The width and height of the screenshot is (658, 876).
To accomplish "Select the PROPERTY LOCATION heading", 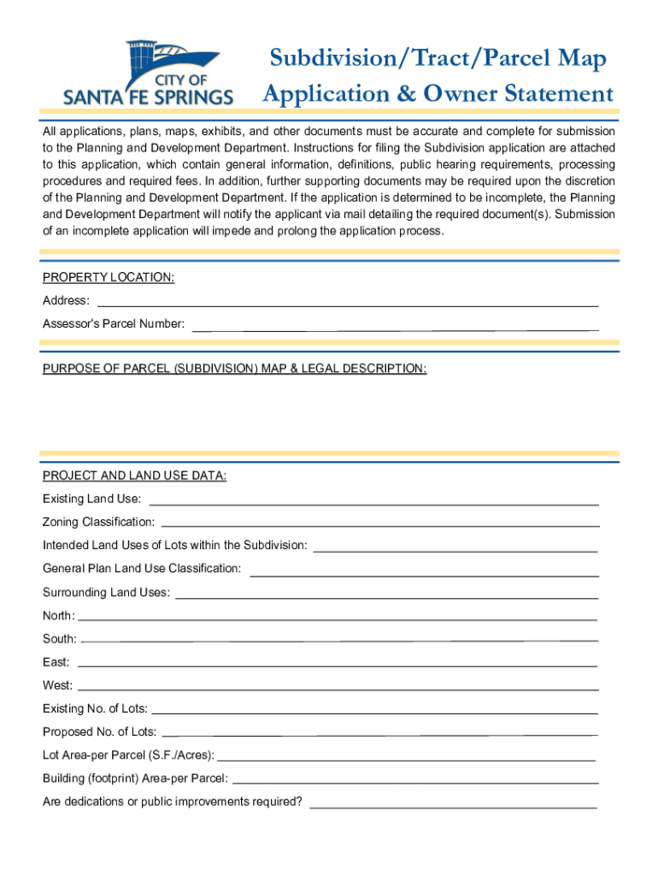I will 109,277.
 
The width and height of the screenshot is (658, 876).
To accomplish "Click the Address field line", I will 349,305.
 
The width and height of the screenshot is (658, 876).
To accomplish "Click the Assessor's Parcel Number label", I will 114,324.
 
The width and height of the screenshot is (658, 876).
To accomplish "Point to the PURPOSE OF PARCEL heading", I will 235,369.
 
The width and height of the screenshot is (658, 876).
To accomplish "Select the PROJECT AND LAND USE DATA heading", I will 135,476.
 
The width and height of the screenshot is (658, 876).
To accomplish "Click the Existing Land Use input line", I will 373,503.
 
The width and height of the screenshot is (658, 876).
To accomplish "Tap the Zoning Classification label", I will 99,522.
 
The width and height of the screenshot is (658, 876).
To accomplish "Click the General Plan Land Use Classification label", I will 142,568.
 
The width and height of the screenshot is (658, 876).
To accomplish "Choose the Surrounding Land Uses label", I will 106,592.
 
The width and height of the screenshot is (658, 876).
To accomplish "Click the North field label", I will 58,615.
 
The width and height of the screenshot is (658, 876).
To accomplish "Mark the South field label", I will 59,639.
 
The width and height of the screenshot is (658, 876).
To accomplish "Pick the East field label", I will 56,662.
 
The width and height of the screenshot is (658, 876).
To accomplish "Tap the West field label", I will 57,685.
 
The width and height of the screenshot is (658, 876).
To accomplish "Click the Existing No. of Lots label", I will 95,708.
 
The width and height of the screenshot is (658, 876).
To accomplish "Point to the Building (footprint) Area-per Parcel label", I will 135,778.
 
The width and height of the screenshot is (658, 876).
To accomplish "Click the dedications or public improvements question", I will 173,802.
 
